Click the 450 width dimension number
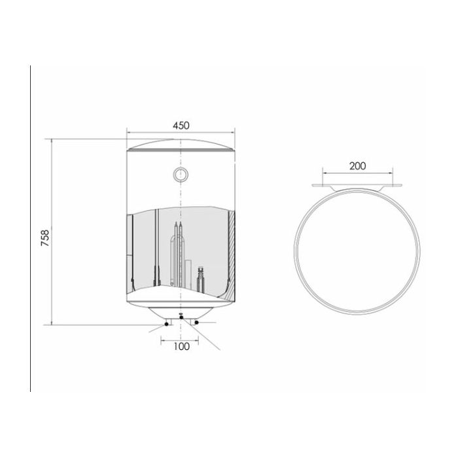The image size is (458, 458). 181,126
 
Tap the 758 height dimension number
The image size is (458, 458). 45,238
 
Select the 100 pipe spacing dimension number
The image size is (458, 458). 182,346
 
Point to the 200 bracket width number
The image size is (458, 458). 357,166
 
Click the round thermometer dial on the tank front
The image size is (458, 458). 181,175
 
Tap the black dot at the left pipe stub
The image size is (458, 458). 166,324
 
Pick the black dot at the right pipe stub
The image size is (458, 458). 196,323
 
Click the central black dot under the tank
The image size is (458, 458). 181,317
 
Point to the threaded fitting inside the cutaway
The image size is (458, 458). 200,279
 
